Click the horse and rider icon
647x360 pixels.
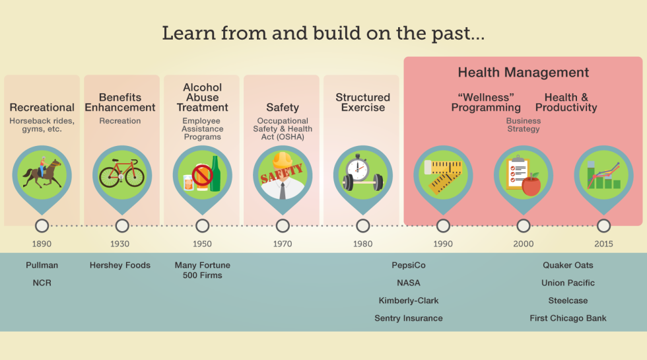pyautogui.click(x=41, y=173)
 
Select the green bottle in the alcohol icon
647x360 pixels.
pyautogui.click(x=215, y=174)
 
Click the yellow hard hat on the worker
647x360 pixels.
pyautogui.click(x=283, y=160)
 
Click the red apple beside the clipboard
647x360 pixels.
pyautogui.click(x=531, y=184)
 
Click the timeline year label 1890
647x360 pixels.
pyautogui.click(x=42, y=244)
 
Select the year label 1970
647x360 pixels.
pyautogui.click(x=283, y=244)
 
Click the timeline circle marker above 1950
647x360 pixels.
pyautogui.click(x=203, y=226)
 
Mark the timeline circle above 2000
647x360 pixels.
pyautogui.click(x=523, y=226)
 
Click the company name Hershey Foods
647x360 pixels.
pyautogui.click(x=120, y=266)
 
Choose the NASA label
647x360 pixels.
pyautogui.click(x=409, y=283)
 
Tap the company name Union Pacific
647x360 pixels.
pyautogui.click(x=568, y=283)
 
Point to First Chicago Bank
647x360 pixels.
pyautogui.click(x=568, y=318)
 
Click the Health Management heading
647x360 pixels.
pyautogui.click(x=523, y=73)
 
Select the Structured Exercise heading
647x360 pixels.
pyautogui.click(x=362, y=102)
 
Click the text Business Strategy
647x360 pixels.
pyautogui.click(x=523, y=125)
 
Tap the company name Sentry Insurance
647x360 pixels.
pyautogui.click(x=409, y=318)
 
